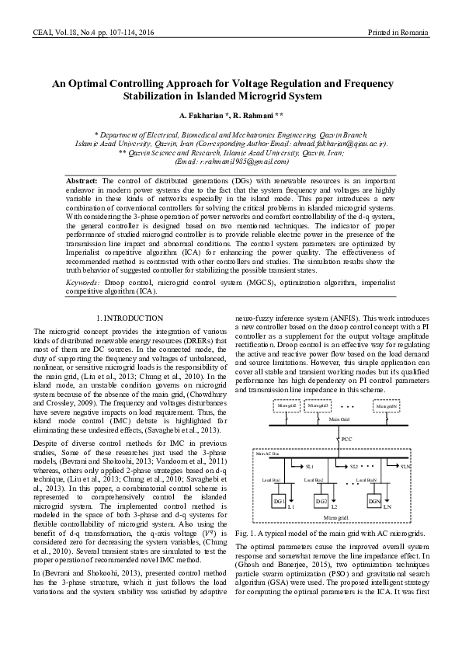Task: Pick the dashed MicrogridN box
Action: point(386,406)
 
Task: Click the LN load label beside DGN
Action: point(387,506)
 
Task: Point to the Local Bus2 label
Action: point(314,482)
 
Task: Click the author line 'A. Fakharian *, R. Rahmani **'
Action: point(231,116)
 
